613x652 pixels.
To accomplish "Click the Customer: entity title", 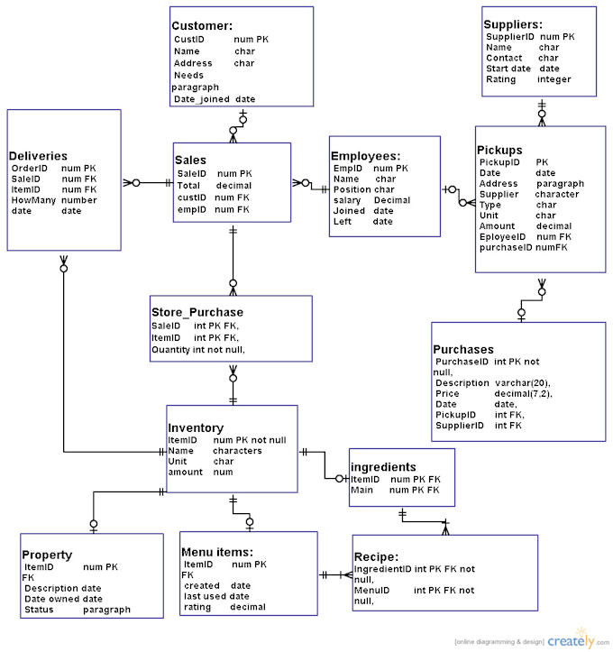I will (202, 26).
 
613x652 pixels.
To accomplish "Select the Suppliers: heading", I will (512, 24).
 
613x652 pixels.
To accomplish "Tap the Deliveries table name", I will (39, 156).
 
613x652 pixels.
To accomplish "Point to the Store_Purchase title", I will (197, 312).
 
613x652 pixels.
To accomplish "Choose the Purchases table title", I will (463, 349).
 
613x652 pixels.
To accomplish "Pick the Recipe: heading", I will (376, 557).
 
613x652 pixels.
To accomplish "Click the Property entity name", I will (47, 555).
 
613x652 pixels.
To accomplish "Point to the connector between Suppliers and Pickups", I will (542, 110).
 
